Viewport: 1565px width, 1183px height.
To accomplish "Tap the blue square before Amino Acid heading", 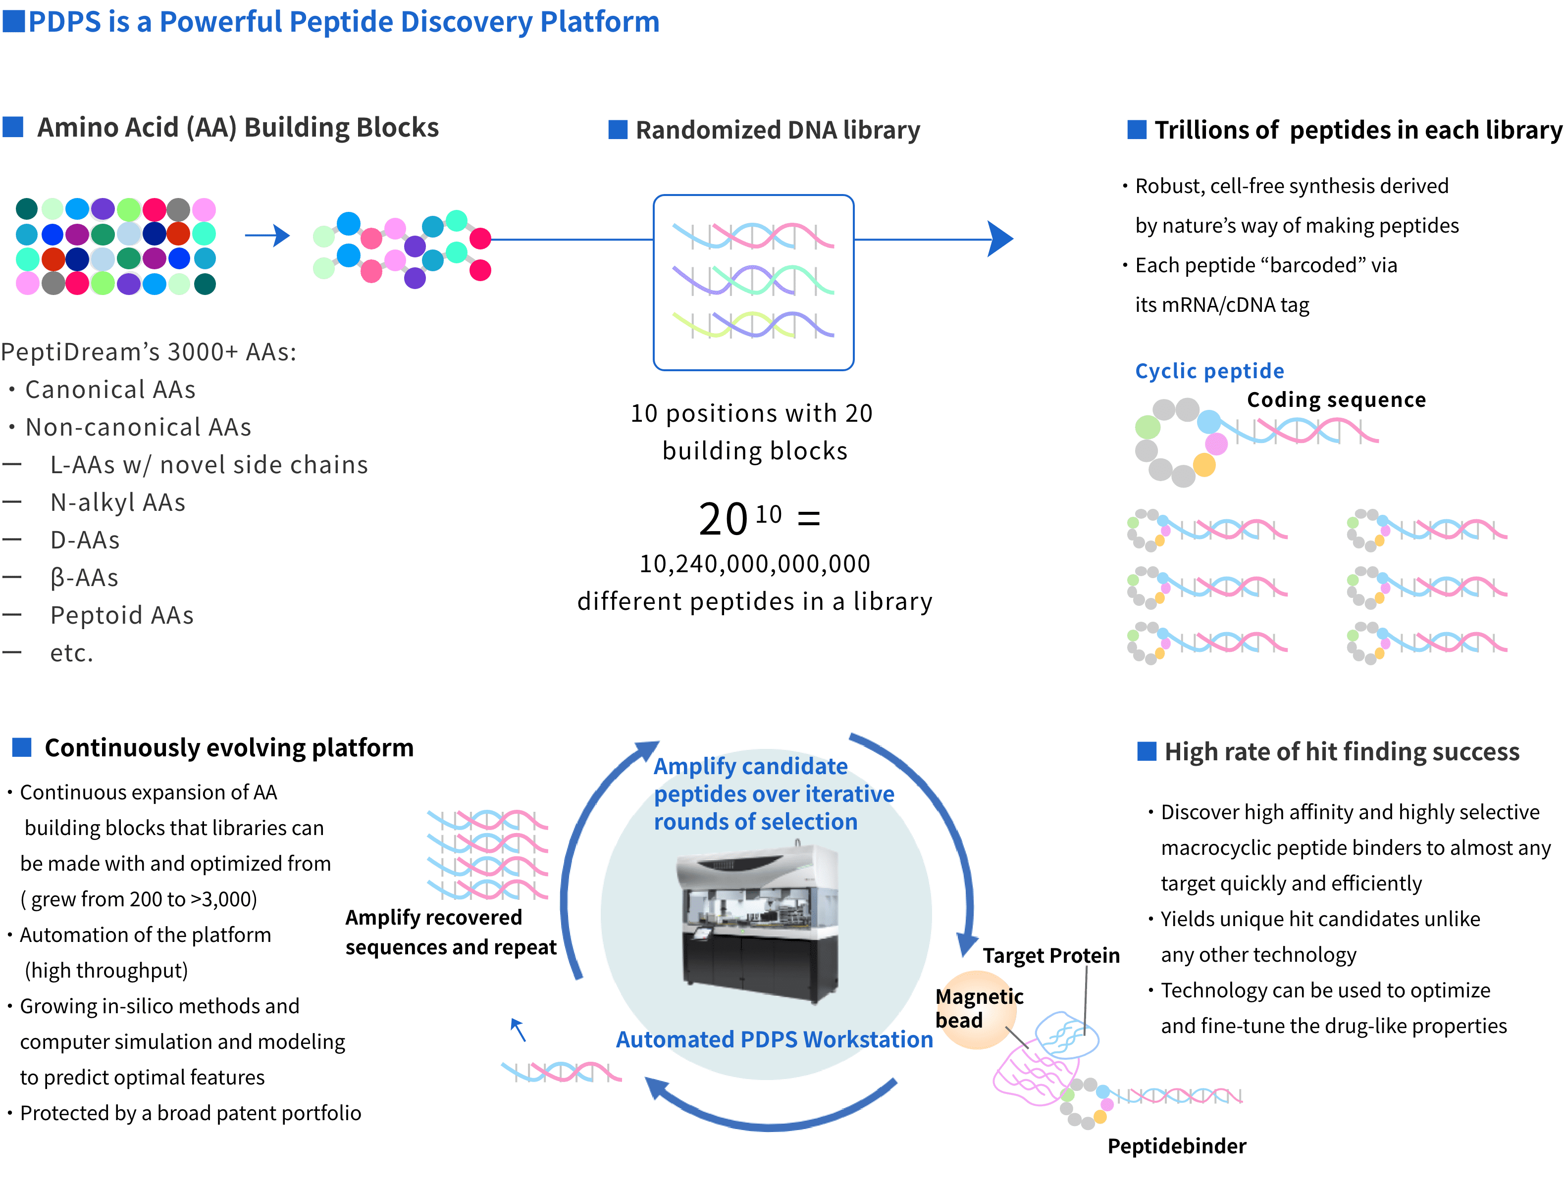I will click(x=13, y=127).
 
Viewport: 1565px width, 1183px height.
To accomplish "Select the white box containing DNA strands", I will click(x=753, y=282).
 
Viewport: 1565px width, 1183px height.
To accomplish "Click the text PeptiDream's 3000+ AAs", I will click(x=149, y=351).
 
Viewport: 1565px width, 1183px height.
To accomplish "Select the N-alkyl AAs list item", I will click(x=117, y=502).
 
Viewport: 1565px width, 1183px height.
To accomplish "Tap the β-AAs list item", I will click(x=84, y=578).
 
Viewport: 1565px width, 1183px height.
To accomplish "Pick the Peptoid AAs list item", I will click(x=122, y=615).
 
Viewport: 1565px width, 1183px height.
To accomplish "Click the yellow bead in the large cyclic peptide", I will click(x=1203, y=465).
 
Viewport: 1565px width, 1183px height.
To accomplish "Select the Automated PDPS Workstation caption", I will click(x=774, y=1039).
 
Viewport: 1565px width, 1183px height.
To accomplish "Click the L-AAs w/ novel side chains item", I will click(x=209, y=465).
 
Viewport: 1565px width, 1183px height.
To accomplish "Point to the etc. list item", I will click(x=71, y=653).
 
